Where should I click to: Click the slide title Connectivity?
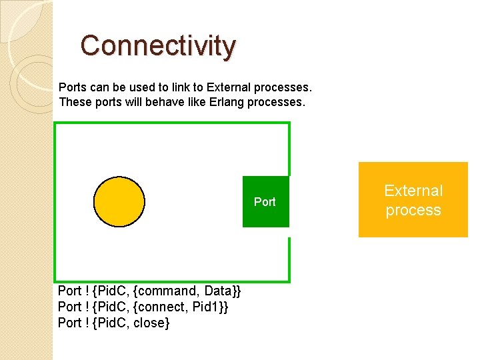pos(158,45)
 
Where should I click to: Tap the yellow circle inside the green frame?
pos(119,202)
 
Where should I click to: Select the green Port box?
pos(265,201)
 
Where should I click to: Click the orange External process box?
pos(413,200)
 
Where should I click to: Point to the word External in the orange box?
pos(413,191)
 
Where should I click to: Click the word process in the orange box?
pos(413,210)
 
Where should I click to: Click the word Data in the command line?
pos(217,291)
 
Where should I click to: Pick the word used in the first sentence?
pos(137,87)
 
